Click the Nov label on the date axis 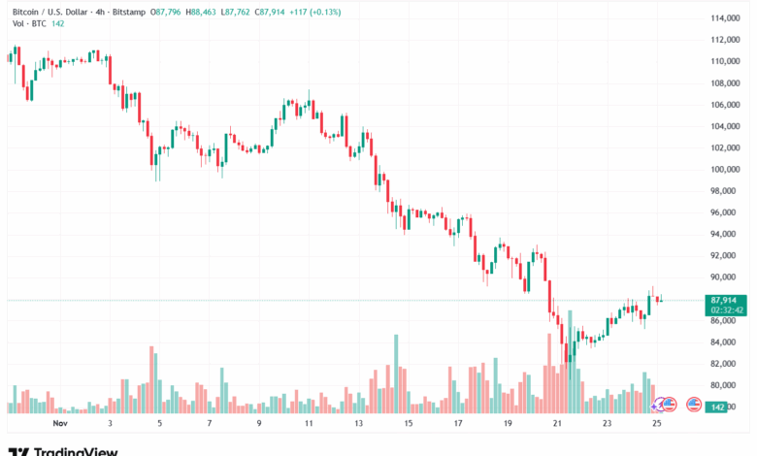pyautogui.click(x=60, y=424)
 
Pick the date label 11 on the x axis pyautogui.click(x=309, y=424)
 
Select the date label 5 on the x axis pyautogui.click(x=159, y=424)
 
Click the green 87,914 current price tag pyautogui.click(x=726, y=301)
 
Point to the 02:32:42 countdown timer pyautogui.click(x=726, y=310)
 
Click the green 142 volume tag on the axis pyautogui.click(x=718, y=407)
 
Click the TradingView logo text pyautogui.click(x=76, y=450)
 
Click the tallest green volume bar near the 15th pyautogui.click(x=396, y=374)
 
